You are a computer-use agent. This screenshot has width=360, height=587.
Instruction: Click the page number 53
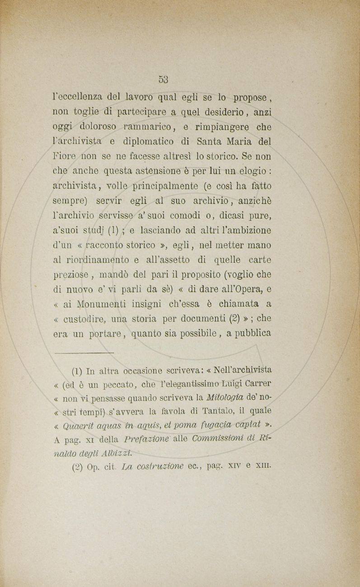(x=164, y=79)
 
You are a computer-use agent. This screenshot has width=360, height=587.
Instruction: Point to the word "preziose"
(x=70, y=275)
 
